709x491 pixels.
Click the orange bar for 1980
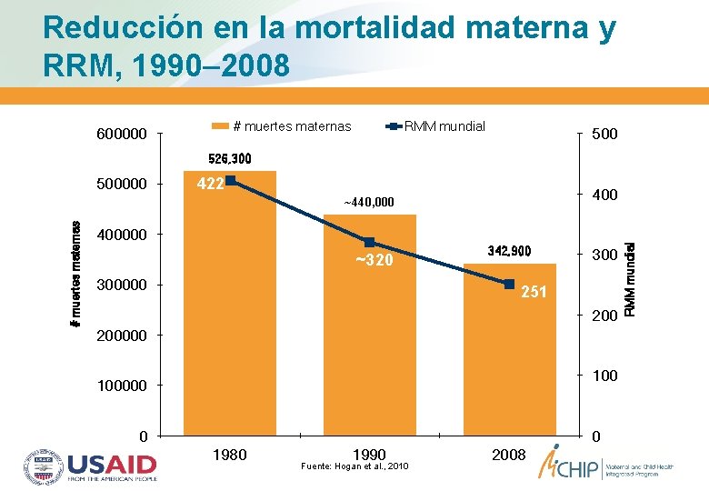[230, 309]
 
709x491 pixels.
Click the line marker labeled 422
[231, 181]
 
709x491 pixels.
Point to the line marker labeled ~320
[370, 242]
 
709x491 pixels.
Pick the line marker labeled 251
[510, 284]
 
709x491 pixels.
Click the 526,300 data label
[230, 159]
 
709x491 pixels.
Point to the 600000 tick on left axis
[122, 135]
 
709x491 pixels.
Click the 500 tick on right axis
[604, 135]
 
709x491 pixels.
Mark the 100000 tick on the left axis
[122, 386]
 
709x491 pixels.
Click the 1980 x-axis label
[229, 455]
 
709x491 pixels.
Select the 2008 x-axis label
[509, 455]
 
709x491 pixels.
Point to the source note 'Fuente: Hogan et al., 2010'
[355, 467]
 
